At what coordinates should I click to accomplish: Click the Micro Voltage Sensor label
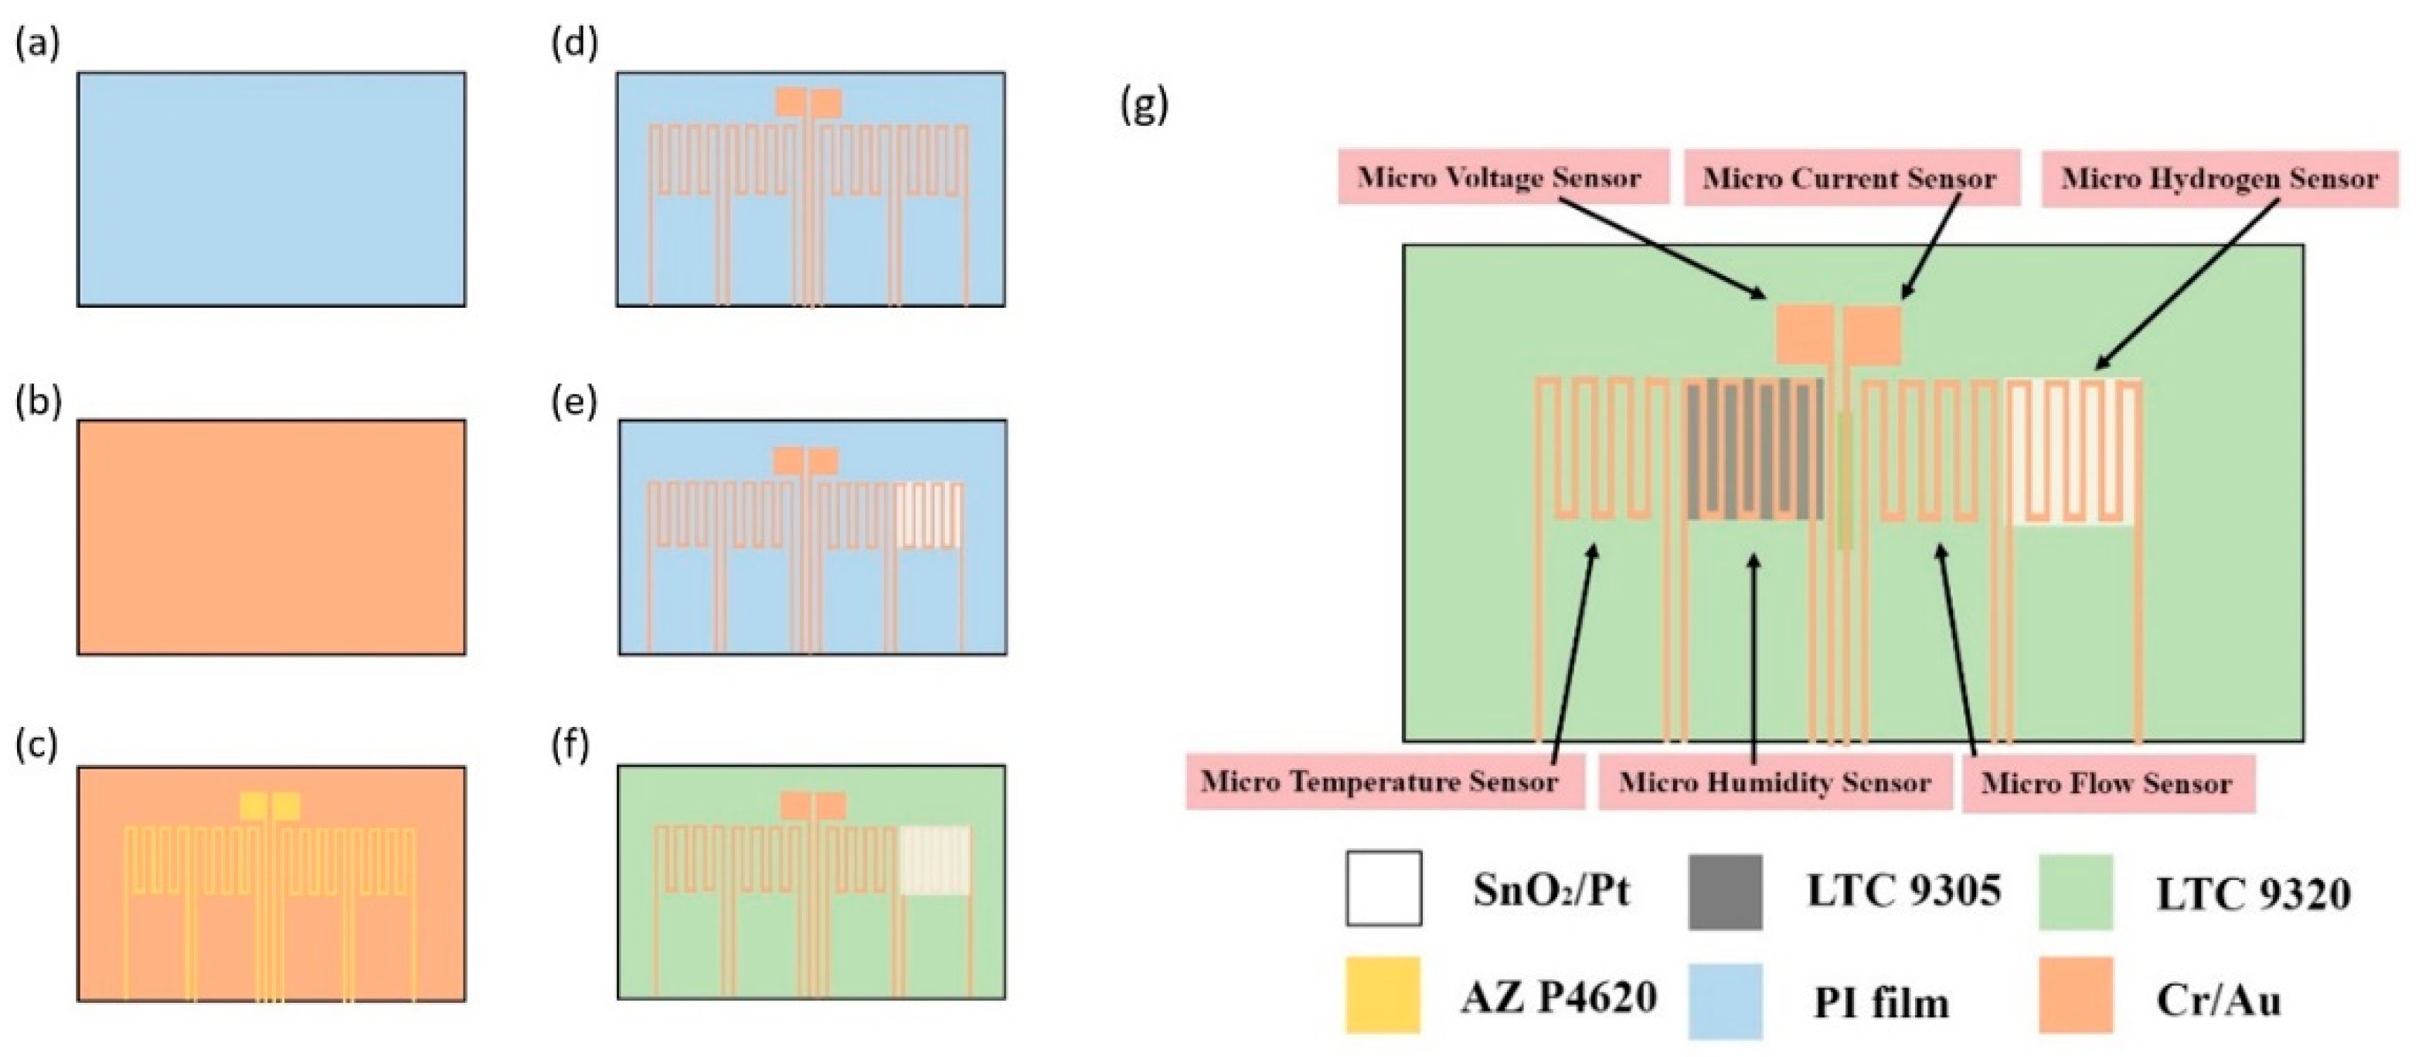[1502, 178]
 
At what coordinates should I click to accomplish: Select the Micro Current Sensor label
[1849, 179]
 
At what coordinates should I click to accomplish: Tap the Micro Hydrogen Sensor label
[2219, 179]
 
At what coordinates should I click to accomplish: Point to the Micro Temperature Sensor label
[1380, 782]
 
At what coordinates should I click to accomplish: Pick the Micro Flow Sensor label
[2106, 783]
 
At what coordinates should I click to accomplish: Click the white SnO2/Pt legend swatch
[1383, 888]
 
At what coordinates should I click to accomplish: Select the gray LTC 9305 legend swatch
[1724, 892]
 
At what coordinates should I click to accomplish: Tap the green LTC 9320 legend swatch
[2075, 892]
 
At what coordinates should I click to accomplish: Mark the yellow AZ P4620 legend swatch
[1382, 995]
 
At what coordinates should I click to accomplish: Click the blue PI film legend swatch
[1724, 1001]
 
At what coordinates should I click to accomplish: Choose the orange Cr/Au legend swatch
[2075, 995]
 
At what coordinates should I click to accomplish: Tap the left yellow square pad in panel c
[253, 806]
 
